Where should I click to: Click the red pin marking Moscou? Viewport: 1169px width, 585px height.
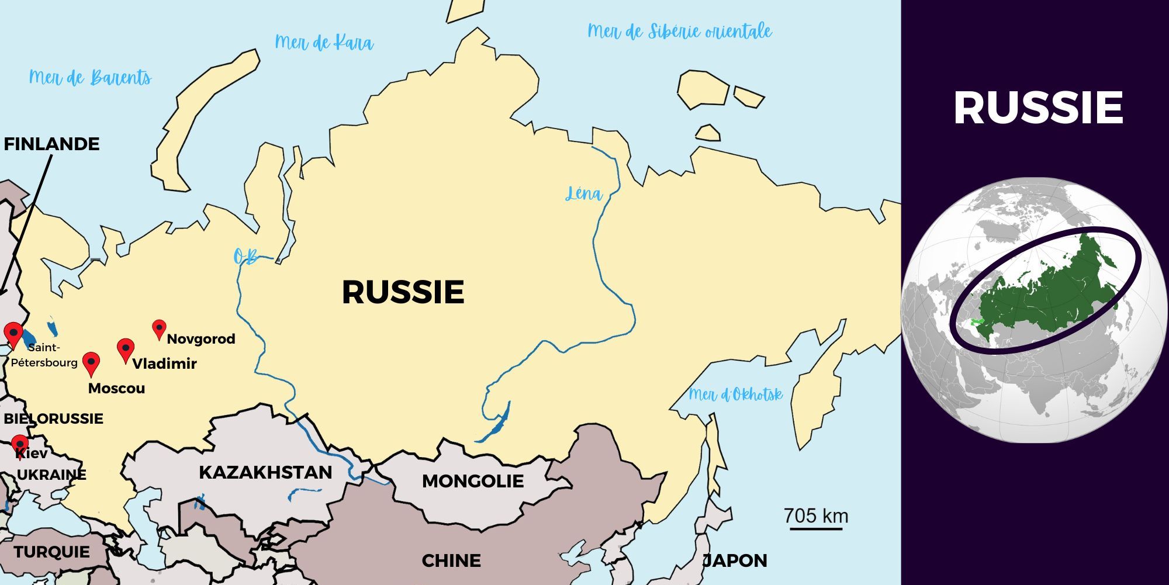[91, 362]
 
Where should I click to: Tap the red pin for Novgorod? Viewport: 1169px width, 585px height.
[159, 328]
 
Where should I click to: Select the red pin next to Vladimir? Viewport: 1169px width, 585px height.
[126, 349]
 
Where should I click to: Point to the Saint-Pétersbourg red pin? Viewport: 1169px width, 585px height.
[13, 334]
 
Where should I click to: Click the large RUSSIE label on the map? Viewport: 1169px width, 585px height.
[403, 292]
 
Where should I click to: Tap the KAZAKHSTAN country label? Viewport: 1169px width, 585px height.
[265, 472]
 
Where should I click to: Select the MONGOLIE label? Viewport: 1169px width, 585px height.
[472, 482]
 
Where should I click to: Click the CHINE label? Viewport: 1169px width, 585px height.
[451, 561]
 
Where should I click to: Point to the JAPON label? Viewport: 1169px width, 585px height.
[735, 561]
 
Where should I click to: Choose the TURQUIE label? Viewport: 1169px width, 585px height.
[51, 552]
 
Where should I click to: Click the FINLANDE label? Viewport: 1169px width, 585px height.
[51, 144]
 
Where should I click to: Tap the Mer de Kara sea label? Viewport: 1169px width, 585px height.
[324, 43]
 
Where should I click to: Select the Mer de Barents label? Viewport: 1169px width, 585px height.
[90, 78]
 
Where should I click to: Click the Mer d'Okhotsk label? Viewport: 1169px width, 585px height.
[735, 394]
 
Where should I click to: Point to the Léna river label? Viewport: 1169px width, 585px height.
[583, 193]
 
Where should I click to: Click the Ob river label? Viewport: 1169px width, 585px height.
[245, 257]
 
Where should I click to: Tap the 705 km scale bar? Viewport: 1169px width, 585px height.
[816, 528]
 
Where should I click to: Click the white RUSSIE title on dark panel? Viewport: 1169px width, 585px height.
[1038, 108]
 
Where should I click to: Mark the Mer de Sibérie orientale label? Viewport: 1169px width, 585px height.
[679, 31]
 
